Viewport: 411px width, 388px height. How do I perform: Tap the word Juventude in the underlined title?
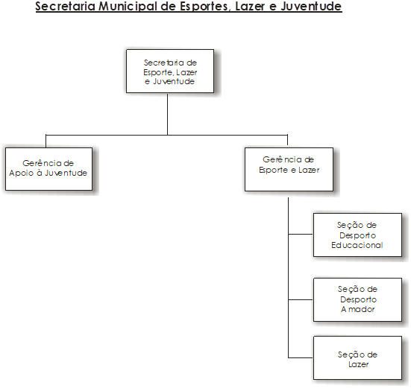point(311,6)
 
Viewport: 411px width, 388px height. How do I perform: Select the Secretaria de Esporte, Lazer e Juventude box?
point(170,71)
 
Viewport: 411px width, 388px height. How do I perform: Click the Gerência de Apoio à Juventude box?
point(48,169)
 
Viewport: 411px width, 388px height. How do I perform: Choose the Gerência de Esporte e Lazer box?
point(289,169)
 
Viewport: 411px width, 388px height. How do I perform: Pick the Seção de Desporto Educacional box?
point(357,235)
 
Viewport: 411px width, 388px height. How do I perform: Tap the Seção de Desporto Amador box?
point(357,299)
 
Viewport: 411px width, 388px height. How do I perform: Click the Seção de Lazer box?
point(357,357)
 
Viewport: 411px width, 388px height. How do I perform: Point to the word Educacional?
point(357,245)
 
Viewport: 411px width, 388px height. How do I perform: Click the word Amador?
point(357,309)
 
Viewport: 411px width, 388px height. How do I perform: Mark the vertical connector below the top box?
point(167,114)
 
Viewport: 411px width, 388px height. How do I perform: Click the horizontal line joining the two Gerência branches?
point(166,135)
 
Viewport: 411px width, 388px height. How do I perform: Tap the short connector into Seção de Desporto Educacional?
point(301,234)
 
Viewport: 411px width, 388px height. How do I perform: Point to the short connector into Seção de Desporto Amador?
point(301,299)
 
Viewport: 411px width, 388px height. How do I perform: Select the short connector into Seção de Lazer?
point(301,357)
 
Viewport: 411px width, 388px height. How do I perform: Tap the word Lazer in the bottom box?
point(358,364)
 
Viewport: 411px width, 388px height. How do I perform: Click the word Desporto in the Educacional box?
point(357,235)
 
